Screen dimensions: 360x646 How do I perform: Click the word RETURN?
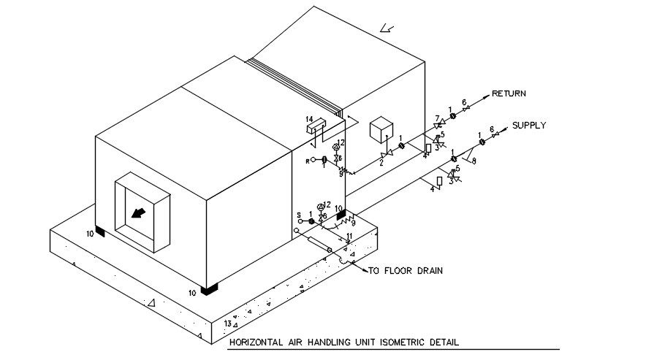coord(509,93)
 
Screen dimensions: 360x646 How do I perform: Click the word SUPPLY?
coord(528,126)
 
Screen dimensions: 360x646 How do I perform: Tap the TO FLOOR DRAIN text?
coord(406,271)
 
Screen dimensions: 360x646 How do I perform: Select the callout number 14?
coord(309,119)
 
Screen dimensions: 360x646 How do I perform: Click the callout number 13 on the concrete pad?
coord(228,323)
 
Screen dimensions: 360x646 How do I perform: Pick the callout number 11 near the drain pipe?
coord(349,235)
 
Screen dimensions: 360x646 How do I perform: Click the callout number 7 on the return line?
coord(437,118)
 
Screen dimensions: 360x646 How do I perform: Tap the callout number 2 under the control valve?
coord(381,164)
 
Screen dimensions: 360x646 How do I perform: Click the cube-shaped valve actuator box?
coord(381,130)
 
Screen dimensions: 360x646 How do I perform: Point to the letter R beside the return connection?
coord(307,160)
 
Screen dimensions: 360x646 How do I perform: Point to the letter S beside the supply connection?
coord(299,215)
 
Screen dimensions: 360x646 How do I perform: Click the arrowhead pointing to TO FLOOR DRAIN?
coord(363,269)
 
